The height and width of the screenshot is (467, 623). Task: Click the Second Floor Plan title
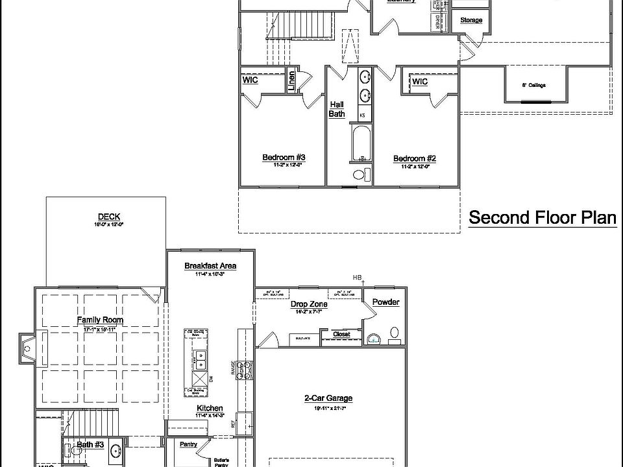543,217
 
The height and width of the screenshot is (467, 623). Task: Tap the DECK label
109,217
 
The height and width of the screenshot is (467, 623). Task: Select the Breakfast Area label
210,266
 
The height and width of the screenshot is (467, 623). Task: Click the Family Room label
100,320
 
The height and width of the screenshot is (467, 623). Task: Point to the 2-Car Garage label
328,398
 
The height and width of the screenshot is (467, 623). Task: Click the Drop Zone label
308,304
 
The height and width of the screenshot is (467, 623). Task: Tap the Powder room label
386,302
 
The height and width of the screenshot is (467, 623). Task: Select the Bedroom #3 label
284,158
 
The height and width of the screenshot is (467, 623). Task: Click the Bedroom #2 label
414,158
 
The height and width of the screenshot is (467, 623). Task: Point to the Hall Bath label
337,109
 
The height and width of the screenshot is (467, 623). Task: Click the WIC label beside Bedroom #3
250,80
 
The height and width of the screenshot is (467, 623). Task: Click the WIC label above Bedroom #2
420,82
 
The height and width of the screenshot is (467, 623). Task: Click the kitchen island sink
201,355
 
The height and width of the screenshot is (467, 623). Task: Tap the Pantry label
189,445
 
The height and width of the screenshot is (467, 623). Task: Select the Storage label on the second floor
471,20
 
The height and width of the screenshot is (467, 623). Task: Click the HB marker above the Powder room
357,277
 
